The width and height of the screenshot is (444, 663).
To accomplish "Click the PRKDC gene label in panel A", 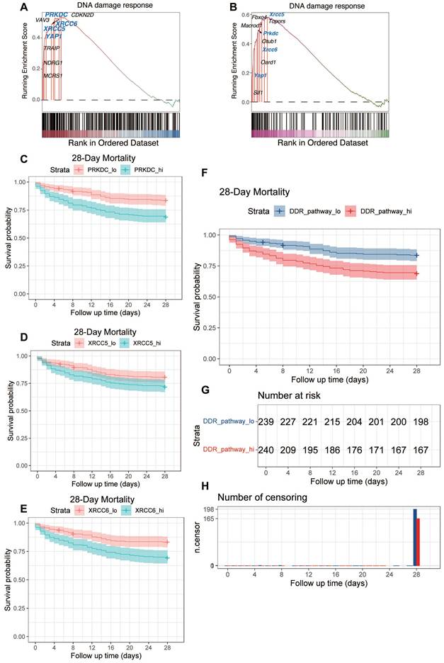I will [x=56, y=14].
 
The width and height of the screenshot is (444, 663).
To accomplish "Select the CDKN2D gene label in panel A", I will [x=83, y=14].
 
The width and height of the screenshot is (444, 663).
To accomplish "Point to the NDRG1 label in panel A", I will [x=52, y=62].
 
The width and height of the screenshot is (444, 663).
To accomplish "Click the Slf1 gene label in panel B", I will [x=258, y=92].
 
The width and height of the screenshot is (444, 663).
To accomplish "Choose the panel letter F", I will [x=205, y=173].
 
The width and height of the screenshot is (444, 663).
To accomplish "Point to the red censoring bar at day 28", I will [x=418, y=542].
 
